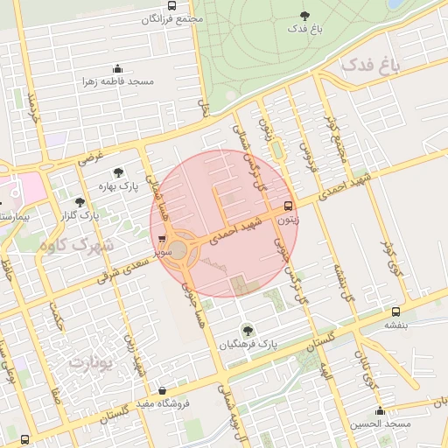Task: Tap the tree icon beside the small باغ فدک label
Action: pyautogui.click(x=304, y=15)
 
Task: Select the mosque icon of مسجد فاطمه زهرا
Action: pyautogui.click(x=117, y=69)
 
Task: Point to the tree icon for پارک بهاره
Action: pyautogui.click(x=118, y=172)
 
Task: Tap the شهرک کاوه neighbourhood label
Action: pyautogui.click(x=76, y=246)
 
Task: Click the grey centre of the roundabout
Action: pyautogui.click(x=178, y=251)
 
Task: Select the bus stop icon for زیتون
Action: pyautogui.click(x=289, y=207)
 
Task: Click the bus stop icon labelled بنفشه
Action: pyautogui.click(x=396, y=311)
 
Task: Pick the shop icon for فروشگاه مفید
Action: pyautogui.click(x=161, y=391)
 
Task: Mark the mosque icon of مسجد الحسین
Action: pyautogui.click(x=380, y=411)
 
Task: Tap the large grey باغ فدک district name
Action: pyautogui.click(x=369, y=66)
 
